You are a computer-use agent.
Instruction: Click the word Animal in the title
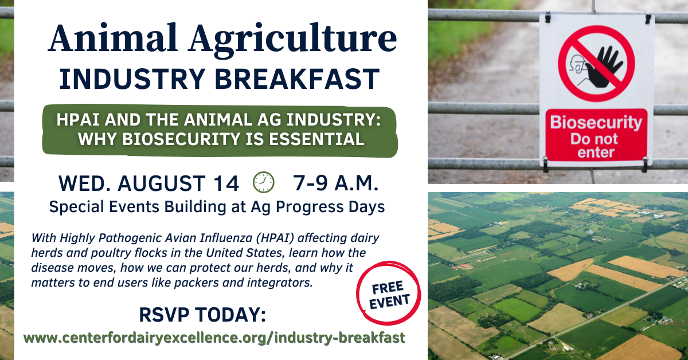[113, 38]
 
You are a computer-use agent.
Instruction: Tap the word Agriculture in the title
[292, 41]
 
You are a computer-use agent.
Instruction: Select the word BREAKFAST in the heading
[297, 79]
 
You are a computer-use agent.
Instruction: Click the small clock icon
[264, 182]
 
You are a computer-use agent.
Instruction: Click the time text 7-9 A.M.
[336, 183]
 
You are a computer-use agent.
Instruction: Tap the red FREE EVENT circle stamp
[389, 294]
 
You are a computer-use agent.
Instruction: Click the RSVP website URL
[214, 338]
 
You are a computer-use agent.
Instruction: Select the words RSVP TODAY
[203, 315]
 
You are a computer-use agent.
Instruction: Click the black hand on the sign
[604, 67]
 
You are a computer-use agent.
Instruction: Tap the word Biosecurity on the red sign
[596, 122]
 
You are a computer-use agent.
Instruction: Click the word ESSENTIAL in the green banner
[316, 139]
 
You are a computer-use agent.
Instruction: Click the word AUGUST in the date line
[162, 183]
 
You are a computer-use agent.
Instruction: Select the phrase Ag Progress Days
[318, 207]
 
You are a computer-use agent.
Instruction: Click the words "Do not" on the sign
[594, 139]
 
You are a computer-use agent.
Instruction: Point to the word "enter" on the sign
[596, 152]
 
